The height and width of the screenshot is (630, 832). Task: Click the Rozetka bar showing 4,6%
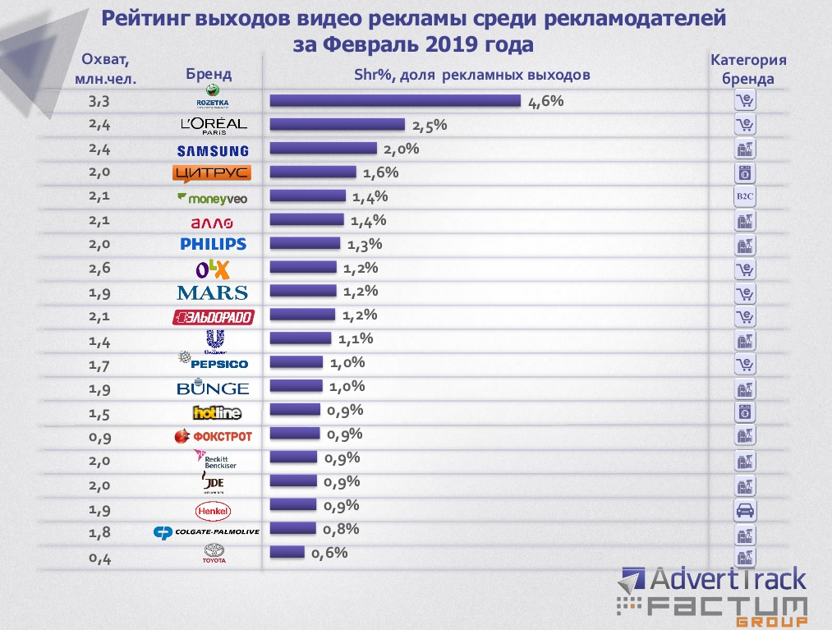coord(395,101)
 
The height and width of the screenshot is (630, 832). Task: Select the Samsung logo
coord(213,150)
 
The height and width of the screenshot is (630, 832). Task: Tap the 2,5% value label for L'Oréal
coord(429,126)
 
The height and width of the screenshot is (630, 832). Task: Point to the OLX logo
coord(213,269)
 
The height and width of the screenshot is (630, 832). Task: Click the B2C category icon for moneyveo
coord(744,197)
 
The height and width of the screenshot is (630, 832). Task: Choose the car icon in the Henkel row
coord(744,511)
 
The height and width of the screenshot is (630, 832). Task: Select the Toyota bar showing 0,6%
coord(287,552)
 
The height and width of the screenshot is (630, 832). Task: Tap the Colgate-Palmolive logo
coord(207,532)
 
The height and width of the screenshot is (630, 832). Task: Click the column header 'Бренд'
coord(209,74)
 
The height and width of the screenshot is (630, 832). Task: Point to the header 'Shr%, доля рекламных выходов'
coord(472,75)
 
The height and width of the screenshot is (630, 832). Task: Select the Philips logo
coord(213,244)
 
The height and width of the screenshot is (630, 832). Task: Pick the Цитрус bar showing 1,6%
coord(313,172)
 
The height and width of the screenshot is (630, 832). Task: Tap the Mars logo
coord(212,292)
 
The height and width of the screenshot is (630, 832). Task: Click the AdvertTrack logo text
coord(728,581)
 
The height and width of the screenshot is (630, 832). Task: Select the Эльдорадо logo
coord(213,317)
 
